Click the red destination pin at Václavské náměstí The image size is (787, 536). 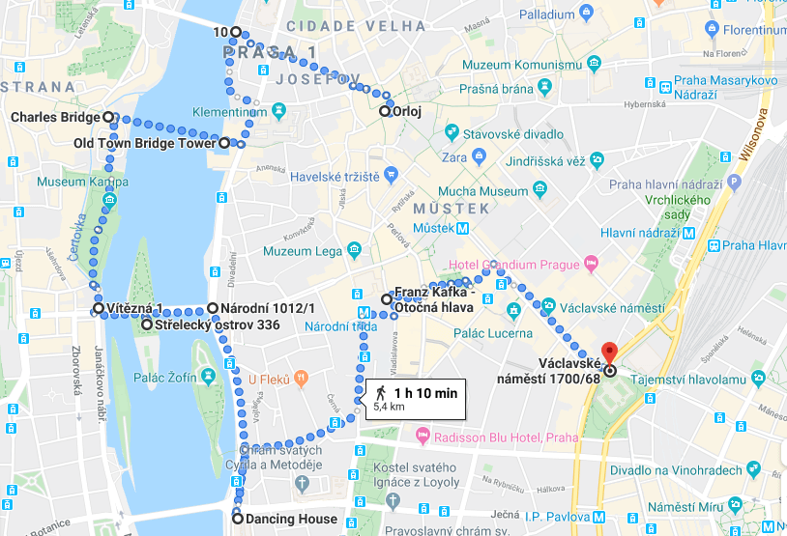[x=609, y=353]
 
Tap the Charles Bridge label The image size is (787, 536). [x=55, y=118]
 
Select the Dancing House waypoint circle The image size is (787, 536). [x=238, y=519]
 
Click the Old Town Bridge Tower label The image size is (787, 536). [x=145, y=144]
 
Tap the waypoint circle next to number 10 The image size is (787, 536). [x=235, y=32]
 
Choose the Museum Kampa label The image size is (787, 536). [x=83, y=182]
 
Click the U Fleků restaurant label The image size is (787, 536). [x=269, y=381]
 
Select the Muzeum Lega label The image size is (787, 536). [x=304, y=252]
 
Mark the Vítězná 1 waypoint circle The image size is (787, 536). [x=98, y=309]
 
